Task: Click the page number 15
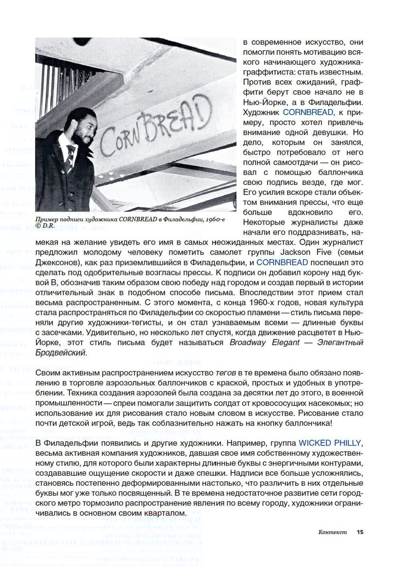[x=360, y=532]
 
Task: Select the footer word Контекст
[x=332, y=532]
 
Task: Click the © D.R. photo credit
[x=45, y=225]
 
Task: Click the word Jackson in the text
[x=295, y=252]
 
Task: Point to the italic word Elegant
[x=286, y=343]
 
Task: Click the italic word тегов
[x=225, y=373]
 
